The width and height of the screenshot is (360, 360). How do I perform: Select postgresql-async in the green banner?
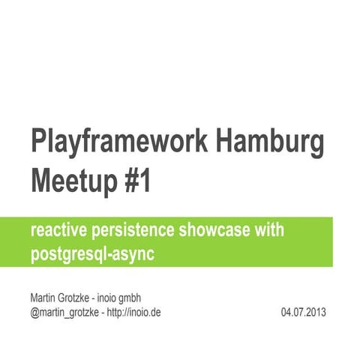pyautogui.click(x=92, y=253)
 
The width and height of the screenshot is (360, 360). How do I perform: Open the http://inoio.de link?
pyautogui.click(x=135, y=311)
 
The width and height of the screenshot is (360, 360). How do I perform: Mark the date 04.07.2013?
pyautogui.click(x=304, y=311)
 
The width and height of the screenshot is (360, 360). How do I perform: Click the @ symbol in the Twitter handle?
pyautogui.click(x=34, y=311)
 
